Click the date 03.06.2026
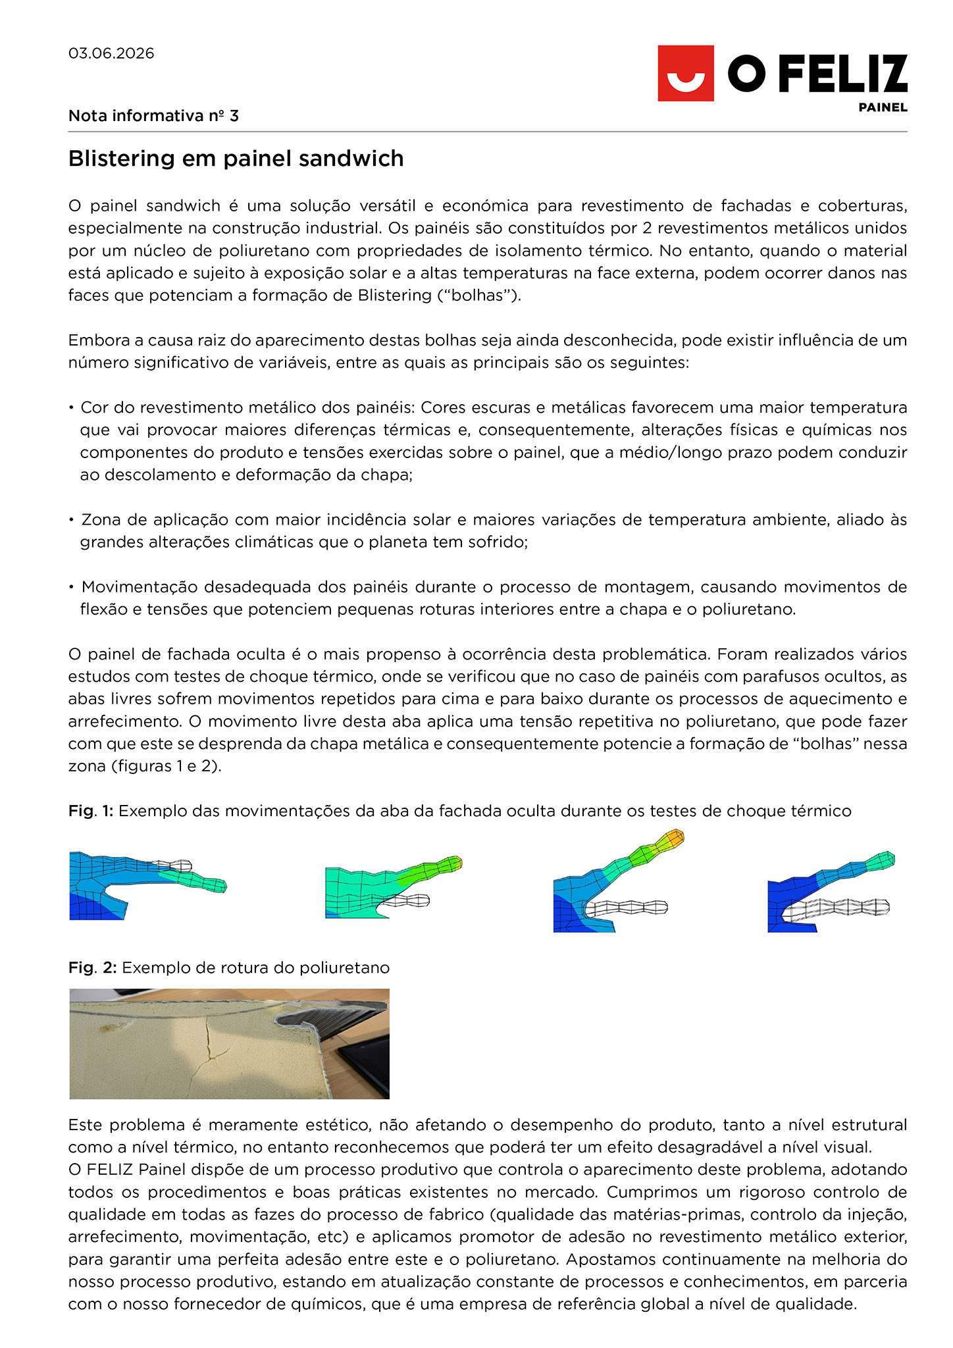[x=111, y=53]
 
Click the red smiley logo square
[x=685, y=73]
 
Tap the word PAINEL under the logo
[x=883, y=107]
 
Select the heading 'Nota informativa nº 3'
[x=153, y=116]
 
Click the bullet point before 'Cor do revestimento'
[x=71, y=408]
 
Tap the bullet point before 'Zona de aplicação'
[x=71, y=521]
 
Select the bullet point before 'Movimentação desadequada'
[x=71, y=588]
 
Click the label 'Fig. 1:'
[x=91, y=811]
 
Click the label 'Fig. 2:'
[x=92, y=968]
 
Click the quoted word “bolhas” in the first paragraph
[x=479, y=296]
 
